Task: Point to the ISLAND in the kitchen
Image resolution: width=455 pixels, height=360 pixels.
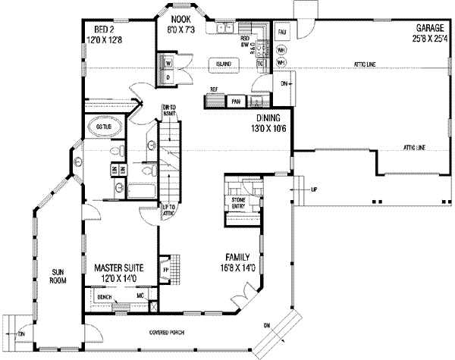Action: click(x=222, y=64)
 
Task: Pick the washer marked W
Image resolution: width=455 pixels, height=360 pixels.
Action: click(x=168, y=62)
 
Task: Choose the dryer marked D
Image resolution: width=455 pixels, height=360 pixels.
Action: click(x=168, y=77)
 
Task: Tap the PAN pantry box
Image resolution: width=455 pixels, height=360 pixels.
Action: click(x=236, y=100)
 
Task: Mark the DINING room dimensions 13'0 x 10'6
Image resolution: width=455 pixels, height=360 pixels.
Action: click(x=268, y=130)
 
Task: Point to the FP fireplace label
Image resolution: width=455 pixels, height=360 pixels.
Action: click(x=165, y=269)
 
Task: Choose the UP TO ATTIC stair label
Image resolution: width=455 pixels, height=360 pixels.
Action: click(x=168, y=211)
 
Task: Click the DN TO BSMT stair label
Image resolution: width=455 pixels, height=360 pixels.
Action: click(x=168, y=111)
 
